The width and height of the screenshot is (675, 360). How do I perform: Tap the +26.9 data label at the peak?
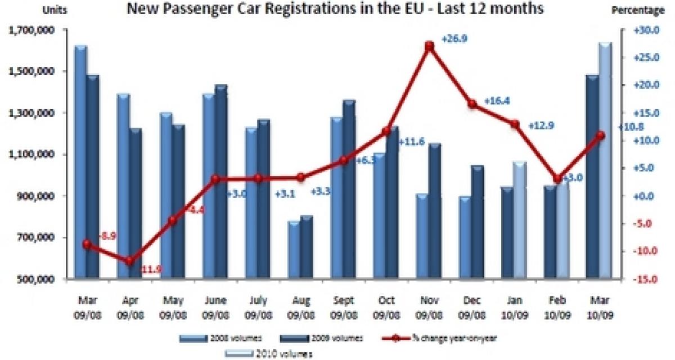pyautogui.click(x=454, y=39)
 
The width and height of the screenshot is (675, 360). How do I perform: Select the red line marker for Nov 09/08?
pyautogui.click(x=429, y=46)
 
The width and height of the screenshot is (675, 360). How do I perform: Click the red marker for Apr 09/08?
pyautogui.click(x=130, y=260)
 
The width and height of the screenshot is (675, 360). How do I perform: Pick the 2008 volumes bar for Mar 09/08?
pyautogui.click(x=80, y=163)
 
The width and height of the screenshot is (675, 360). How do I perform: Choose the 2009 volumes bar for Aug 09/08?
pyautogui.click(x=306, y=247)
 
